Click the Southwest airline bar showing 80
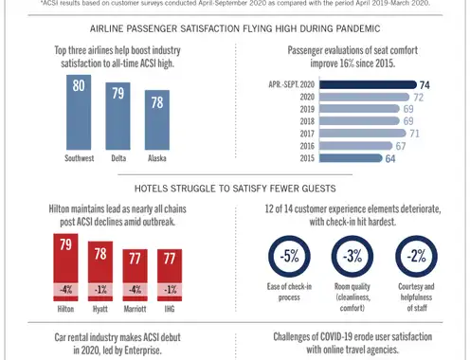point(79,112)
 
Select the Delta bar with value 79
point(117,116)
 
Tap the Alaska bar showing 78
point(157,119)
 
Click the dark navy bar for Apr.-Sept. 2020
point(368,84)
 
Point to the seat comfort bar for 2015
point(351,158)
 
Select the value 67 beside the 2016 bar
point(401,146)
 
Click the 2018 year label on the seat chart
point(307,121)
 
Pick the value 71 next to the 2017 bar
point(414,134)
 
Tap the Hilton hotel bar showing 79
point(65,267)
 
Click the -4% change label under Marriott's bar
point(135,290)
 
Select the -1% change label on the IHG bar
point(170,290)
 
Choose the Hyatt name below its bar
point(100,309)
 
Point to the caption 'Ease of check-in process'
point(289,292)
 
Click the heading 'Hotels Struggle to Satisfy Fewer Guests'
point(235,189)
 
